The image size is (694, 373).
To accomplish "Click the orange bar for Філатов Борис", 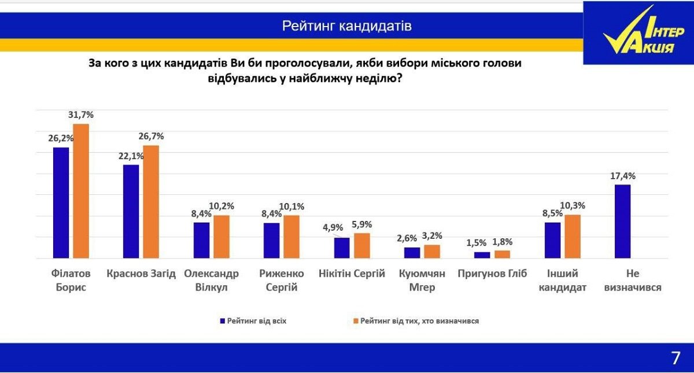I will [81, 191].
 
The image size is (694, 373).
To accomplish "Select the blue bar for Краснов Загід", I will [131, 211].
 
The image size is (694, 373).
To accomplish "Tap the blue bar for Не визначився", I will [622, 221].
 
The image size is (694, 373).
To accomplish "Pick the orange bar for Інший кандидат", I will [572, 237].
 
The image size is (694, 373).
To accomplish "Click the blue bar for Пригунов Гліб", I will [482, 255].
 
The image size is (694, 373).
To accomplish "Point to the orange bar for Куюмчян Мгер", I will [432, 252].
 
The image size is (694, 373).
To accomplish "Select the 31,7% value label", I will [81, 115].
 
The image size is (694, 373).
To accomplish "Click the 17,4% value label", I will [623, 176].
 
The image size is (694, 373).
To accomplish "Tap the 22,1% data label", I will [131, 156].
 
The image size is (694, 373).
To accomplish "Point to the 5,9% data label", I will [362, 224].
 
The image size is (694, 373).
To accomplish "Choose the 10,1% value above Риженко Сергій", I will [291, 206].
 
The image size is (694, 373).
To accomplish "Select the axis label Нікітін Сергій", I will [352, 274].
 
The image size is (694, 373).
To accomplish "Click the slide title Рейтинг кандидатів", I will [347, 26].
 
